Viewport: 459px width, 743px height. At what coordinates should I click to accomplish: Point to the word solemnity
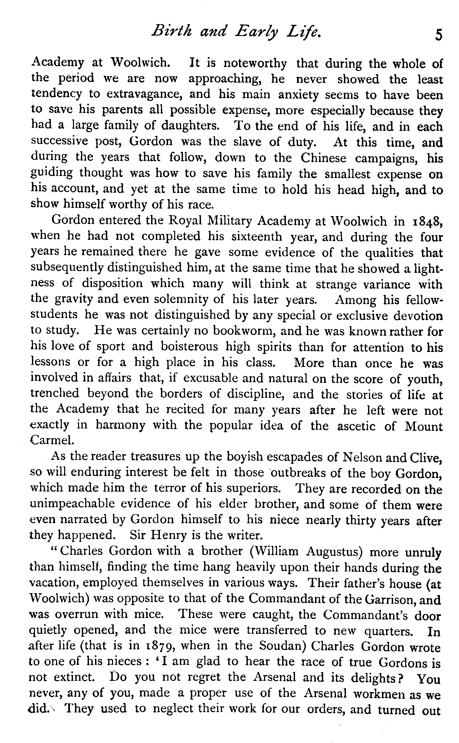185,299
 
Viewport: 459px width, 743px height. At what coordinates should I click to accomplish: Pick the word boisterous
189,347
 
